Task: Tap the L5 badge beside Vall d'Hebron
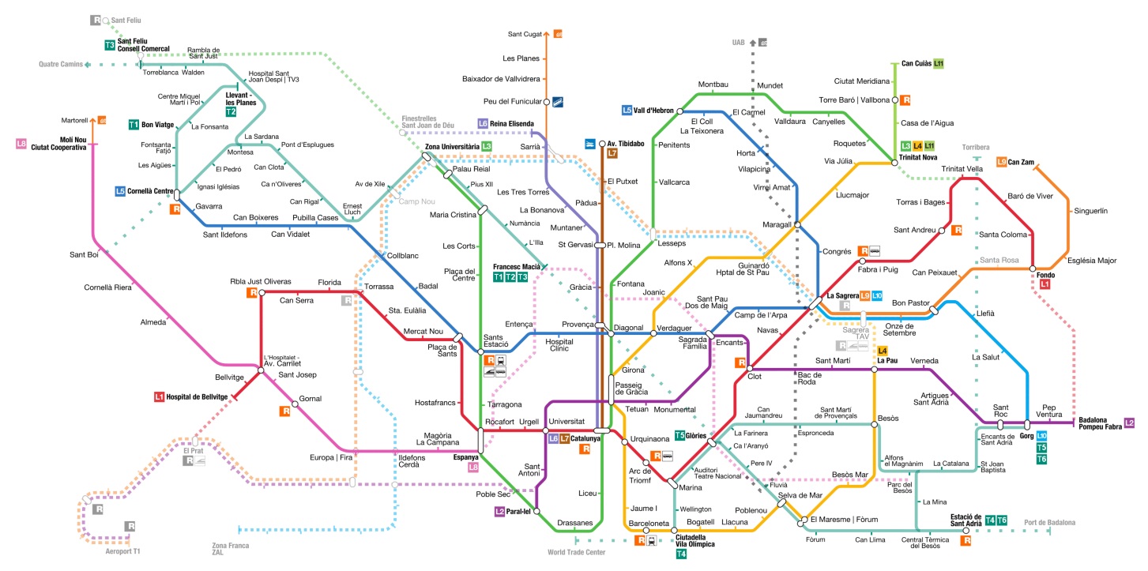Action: tap(627, 111)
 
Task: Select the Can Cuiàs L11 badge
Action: tap(939, 63)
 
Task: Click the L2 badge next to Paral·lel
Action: tap(499, 511)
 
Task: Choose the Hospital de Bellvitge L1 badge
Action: tap(159, 396)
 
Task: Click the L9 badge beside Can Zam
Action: tap(1001, 162)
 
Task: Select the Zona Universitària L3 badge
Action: tap(487, 147)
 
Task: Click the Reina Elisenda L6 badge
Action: tap(483, 123)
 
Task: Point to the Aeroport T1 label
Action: tap(122, 551)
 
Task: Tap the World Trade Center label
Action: tap(577, 552)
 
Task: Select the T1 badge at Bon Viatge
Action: tap(133, 124)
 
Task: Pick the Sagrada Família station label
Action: tap(693, 342)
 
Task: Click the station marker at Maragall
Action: tap(797, 225)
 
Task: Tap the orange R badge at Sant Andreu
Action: tap(957, 231)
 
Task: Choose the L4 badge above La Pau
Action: tap(883, 351)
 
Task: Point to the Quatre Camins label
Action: tap(61, 64)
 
